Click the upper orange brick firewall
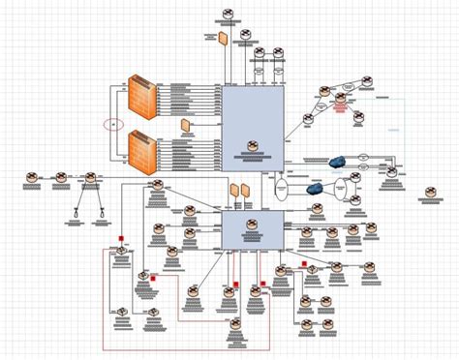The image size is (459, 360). coord(142,96)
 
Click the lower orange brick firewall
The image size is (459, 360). coord(142,149)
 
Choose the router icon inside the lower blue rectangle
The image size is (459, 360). coord(251,225)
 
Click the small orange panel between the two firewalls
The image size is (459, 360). coord(184,125)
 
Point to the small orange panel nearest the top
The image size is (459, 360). coord(223,39)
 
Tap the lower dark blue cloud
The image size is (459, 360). coord(315,188)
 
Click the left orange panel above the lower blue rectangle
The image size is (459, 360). coord(233,190)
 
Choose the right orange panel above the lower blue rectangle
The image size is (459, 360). coord(245,190)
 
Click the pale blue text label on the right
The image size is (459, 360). coord(393,129)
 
